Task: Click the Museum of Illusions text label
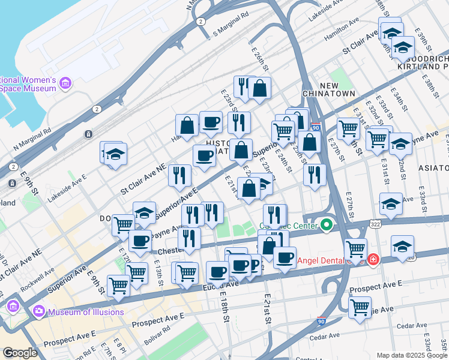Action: (x=86, y=312)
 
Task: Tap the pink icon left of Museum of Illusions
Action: (x=40, y=311)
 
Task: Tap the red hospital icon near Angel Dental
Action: (x=373, y=259)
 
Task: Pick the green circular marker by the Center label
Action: (x=327, y=226)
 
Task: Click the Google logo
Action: (x=20, y=353)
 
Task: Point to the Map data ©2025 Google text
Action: (x=411, y=355)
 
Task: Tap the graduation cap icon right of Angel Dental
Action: (x=402, y=247)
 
